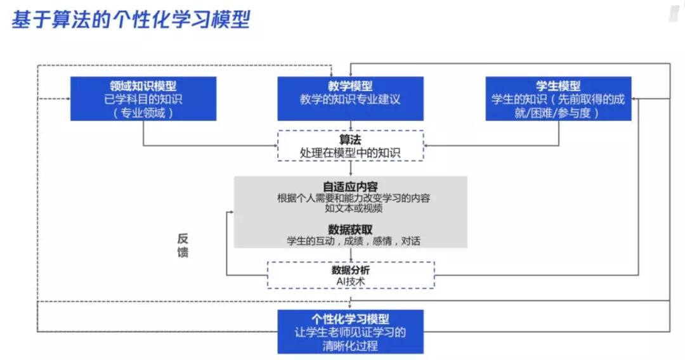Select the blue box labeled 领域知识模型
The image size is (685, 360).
pyautogui.click(x=143, y=98)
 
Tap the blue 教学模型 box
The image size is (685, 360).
pyautogui.click(x=350, y=98)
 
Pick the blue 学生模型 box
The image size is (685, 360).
pyautogui.click(x=558, y=98)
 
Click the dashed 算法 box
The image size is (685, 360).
pyautogui.click(x=350, y=146)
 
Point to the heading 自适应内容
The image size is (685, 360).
pyautogui.click(x=350, y=187)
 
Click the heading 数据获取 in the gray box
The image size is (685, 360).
pyautogui.click(x=350, y=229)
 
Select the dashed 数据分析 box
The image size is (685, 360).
pyautogui.click(x=350, y=275)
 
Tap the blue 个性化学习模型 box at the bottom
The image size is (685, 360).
pyautogui.click(x=350, y=331)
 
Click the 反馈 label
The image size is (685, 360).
pyautogui.click(x=183, y=246)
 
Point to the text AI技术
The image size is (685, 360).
pyautogui.click(x=350, y=281)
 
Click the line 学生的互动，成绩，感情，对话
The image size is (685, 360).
pyautogui.click(x=350, y=241)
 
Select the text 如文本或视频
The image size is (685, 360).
pyautogui.click(x=350, y=209)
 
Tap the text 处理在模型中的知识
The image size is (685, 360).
pyautogui.click(x=350, y=153)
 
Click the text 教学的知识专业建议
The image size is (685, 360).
pyautogui.click(x=350, y=100)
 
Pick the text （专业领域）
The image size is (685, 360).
pyautogui.click(x=143, y=113)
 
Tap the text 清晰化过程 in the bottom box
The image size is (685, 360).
pyautogui.click(x=350, y=345)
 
